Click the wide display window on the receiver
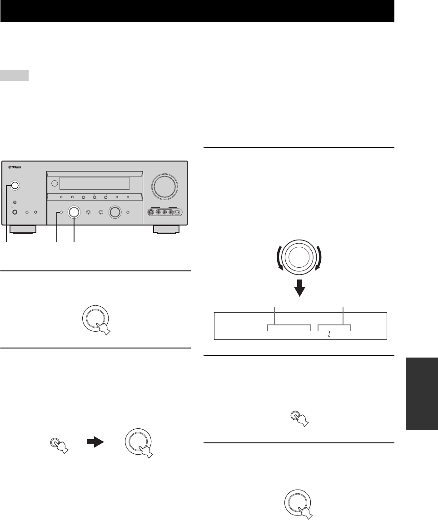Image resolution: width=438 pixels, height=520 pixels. point(95,183)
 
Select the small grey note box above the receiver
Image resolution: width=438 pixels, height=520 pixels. point(15,75)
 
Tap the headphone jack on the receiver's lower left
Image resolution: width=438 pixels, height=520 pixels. point(15,212)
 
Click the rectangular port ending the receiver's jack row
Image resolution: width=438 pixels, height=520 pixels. point(178,211)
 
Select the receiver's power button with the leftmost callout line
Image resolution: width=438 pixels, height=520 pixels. point(14,185)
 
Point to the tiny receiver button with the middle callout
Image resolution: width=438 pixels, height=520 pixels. point(60,212)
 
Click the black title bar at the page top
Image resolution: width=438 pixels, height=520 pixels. point(197,11)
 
